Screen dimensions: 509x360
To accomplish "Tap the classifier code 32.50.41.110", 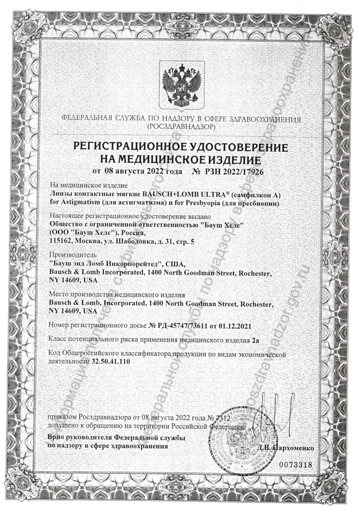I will tap(110, 361).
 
